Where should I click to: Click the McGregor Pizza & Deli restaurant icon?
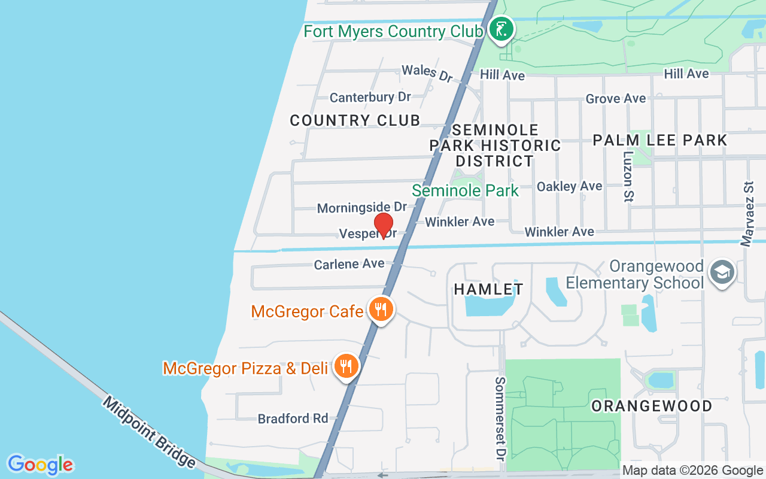tap(346, 366)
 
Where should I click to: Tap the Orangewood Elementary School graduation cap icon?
tap(722, 273)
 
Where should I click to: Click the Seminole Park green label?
tap(465, 191)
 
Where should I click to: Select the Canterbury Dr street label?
tap(370, 97)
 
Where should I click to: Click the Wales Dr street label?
tap(427, 72)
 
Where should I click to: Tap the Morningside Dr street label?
tap(361, 207)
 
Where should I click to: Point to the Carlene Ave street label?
tap(349, 263)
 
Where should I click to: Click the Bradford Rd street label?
tap(293, 418)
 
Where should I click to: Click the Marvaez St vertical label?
tap(747, 214)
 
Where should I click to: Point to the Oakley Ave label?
tap(569, 186)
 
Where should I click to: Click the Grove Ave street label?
tap(616, 98)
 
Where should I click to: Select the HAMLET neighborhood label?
tap(488, 289)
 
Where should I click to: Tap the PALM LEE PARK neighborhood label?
tap(659, 140)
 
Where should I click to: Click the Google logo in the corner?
tap(40, 465)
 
